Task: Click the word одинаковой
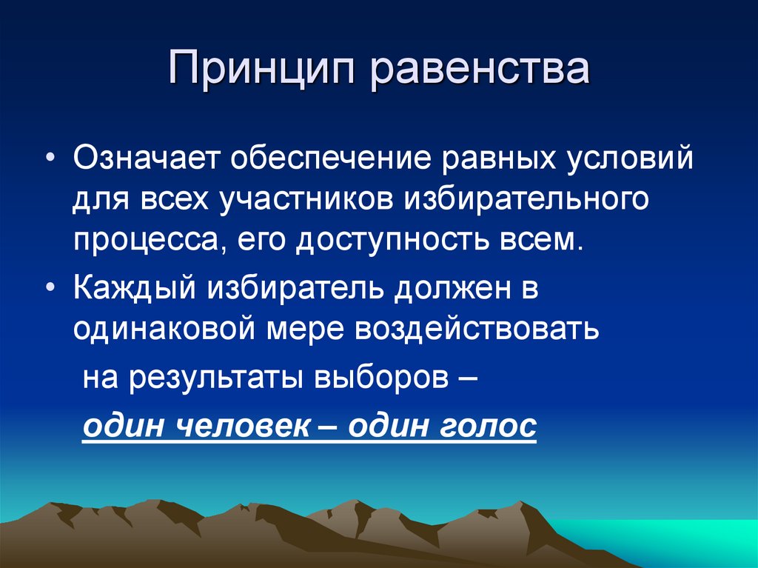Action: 160,328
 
